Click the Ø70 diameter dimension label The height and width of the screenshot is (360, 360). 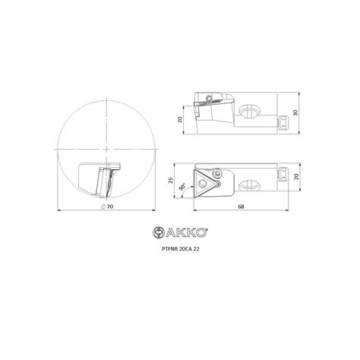pyautogui.click(x=107, y=207)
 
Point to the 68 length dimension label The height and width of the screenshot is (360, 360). pyautogui.click(x=242, y=207)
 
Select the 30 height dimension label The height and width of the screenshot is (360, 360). pyautogui.click(x=295, y=112)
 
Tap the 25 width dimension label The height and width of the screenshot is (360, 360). pyautogui.click(x=171, y=181)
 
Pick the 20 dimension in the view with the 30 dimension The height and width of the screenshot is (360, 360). pyautogui.click(x=180, y=119)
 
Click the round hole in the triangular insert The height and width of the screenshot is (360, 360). pyautogui.click(x=202, y=183)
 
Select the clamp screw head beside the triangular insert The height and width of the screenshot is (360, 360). pyautogui.click(x=217, y=173)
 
